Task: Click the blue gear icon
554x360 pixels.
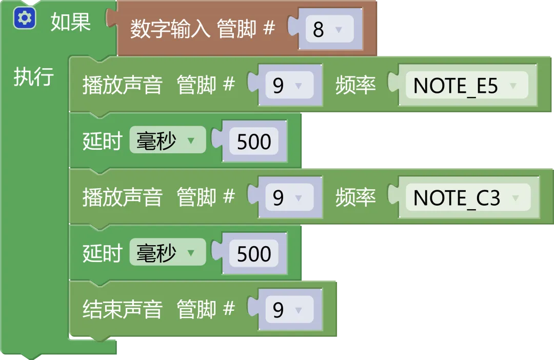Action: (x=25, y=19)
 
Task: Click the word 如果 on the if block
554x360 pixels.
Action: (x=71, y=22)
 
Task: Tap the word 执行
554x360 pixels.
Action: (x=34, y=77)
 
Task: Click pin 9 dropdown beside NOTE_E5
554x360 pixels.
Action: (x=287, y=86)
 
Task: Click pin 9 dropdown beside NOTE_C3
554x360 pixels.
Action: (x=287, y=197)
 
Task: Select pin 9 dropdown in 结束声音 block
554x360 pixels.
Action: (x=287, y=309)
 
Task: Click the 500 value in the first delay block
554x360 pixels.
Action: (x=254, y=142)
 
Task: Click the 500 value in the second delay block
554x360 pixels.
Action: (x=254, y=253)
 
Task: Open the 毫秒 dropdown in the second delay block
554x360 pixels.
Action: (x=167, y=253)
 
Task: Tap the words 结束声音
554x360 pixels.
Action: (x=122, y=309)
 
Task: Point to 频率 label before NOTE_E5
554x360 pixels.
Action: (x=355, y=86)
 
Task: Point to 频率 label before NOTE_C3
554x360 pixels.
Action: (x=355, y=197)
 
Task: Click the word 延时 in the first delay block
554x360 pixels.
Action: (x=102, y=142)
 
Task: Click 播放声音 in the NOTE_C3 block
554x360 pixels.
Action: (x=122, y=197)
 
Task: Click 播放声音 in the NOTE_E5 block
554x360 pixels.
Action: (x=122, y=86)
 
